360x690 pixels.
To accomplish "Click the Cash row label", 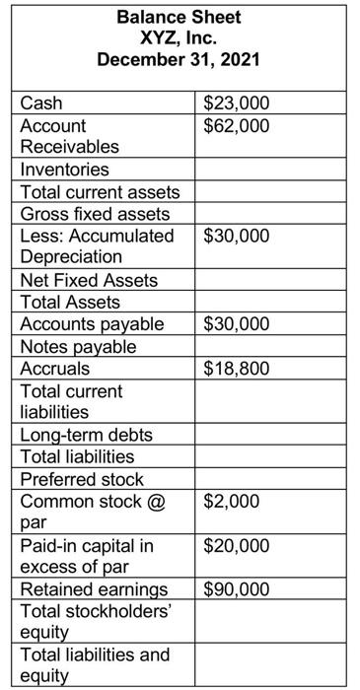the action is [x=40, y=103].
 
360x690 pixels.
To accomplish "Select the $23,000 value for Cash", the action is [x=234, y=103].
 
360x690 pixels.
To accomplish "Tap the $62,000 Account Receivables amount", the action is [x=234, y=125].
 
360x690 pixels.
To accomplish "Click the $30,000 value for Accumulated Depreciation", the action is [x=234, y=236].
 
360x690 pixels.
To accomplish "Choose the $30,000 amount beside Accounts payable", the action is [x=234, y=324].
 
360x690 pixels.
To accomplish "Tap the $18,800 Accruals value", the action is [x=234, y=369].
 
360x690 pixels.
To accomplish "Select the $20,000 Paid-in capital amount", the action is [x=234, y=545].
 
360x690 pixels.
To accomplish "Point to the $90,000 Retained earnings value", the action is [x=234, y=589].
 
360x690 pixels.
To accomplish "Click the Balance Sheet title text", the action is [x=179, y=17].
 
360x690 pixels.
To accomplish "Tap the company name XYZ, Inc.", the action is [x=179, y=38].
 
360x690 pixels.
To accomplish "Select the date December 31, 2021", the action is [x=179, y=60].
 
